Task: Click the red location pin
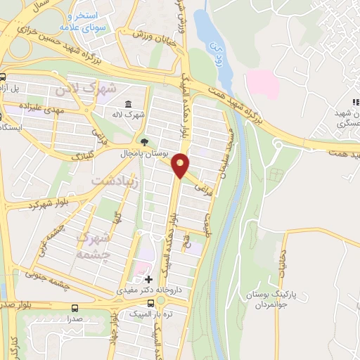181,165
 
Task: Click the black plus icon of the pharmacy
148,279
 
